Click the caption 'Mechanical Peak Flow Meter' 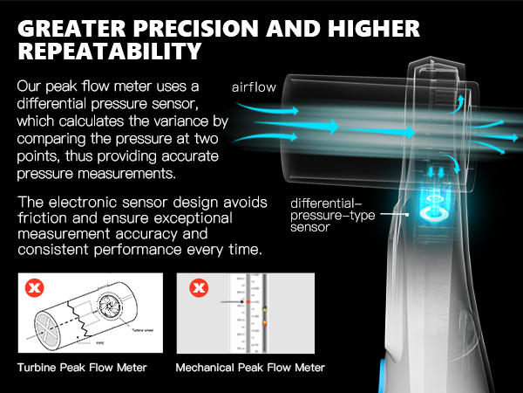(x=250, y=369)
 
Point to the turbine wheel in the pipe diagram (x=117, y=311)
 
